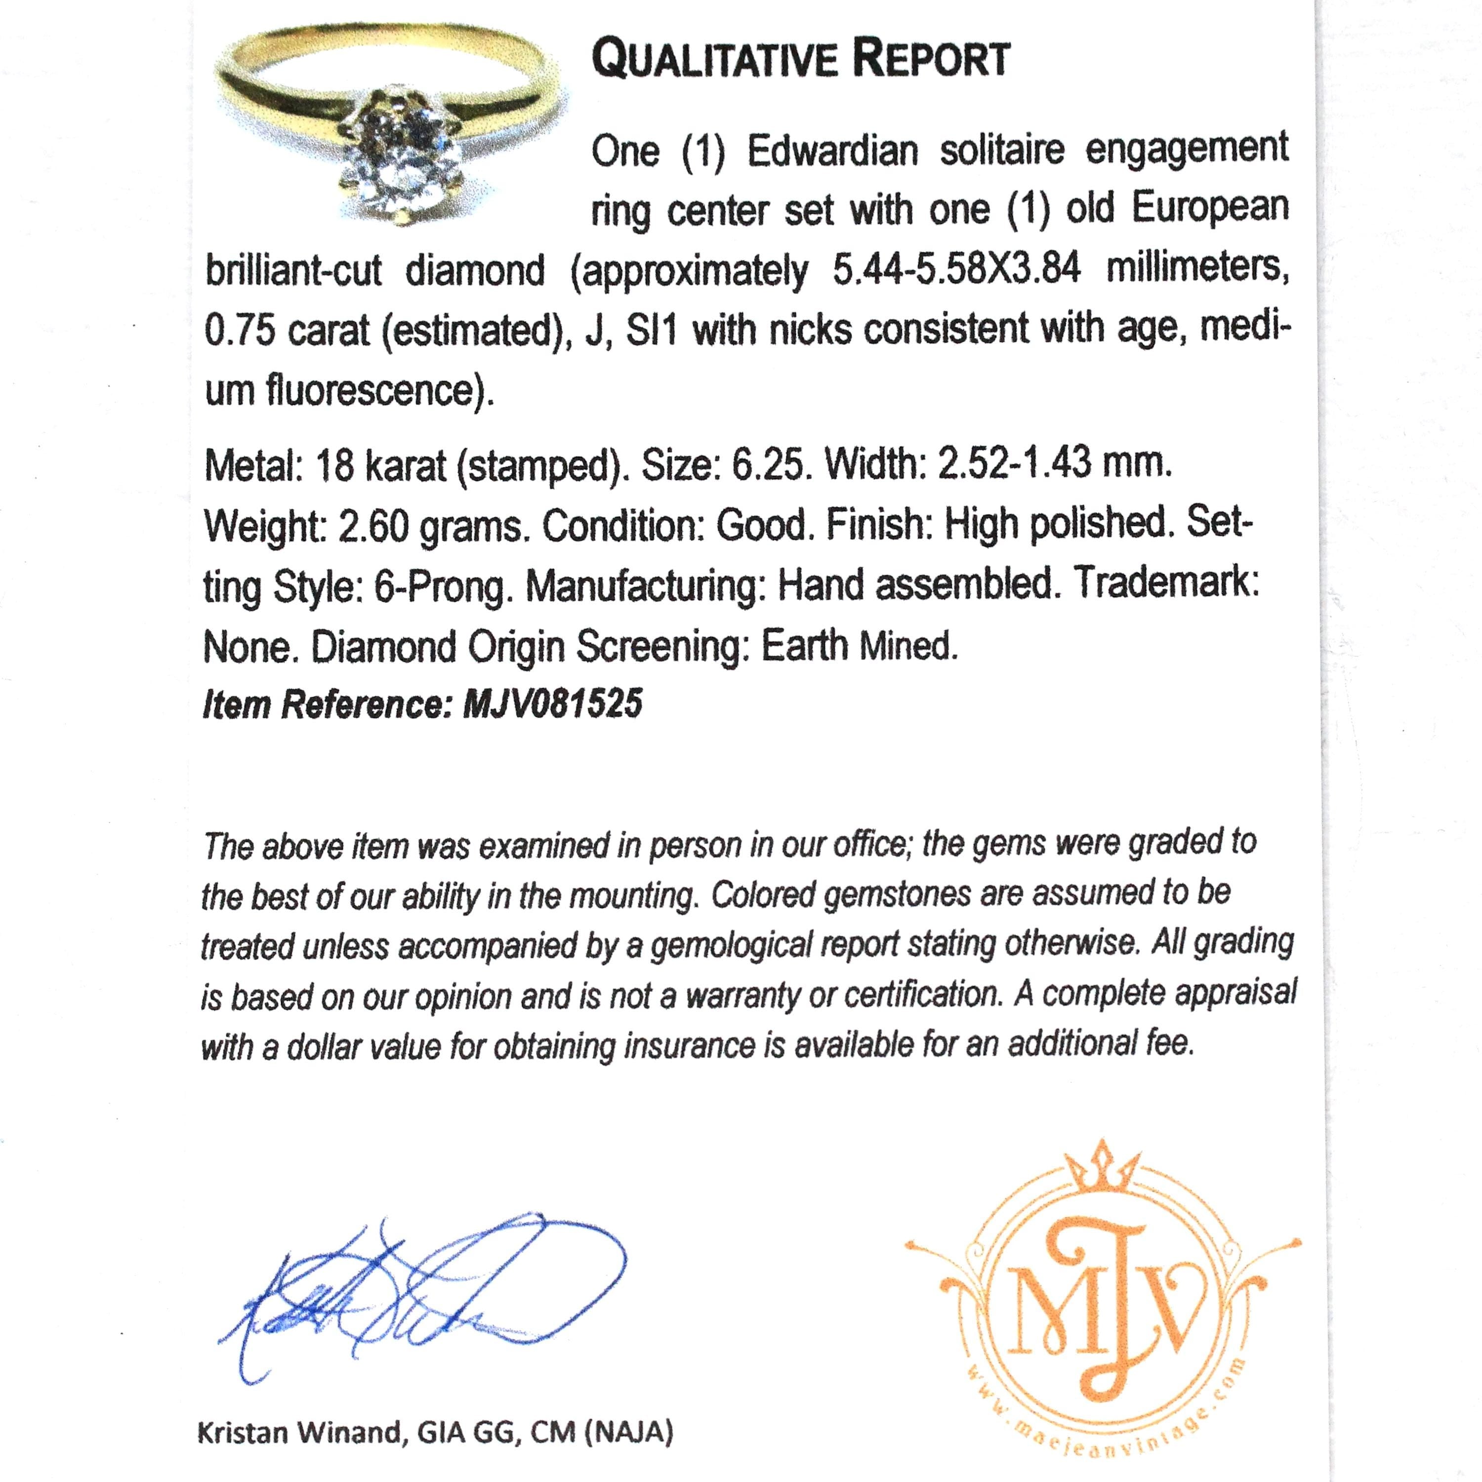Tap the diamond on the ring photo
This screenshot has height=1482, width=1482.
tap(399, 180)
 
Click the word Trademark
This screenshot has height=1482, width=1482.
tap(1165, 584)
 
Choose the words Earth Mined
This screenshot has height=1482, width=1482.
tap(859, 647)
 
